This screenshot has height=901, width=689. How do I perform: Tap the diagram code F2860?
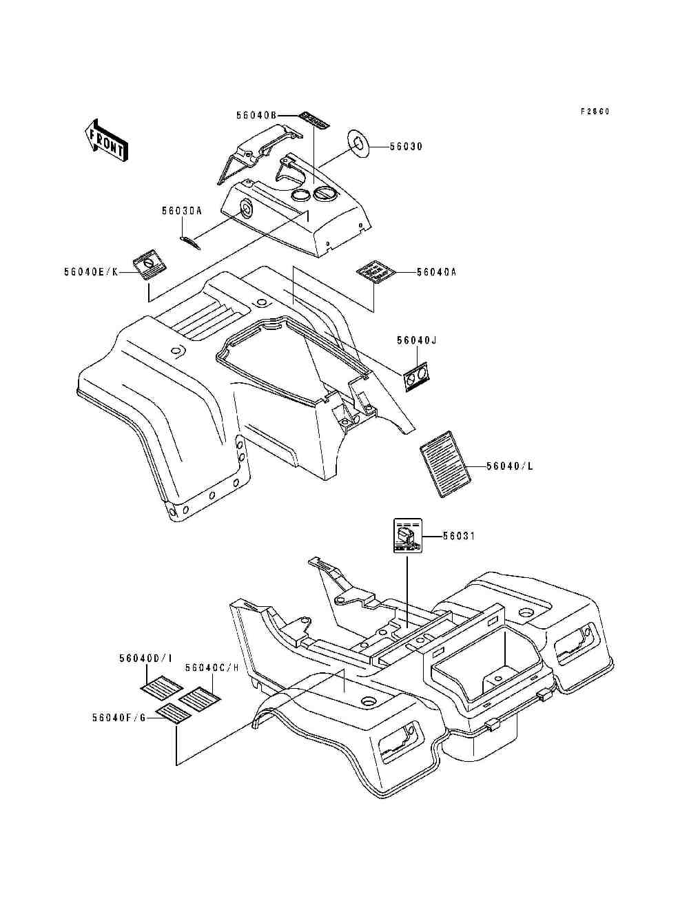click(595, 111)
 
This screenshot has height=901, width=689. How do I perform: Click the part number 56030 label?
click(406, 146)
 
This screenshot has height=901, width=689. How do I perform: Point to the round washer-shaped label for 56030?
click(359, 142)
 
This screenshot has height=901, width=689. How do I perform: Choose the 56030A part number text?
click(182, 211)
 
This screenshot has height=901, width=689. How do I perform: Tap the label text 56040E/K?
click(90, 273)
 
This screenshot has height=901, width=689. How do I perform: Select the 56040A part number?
click(436, 272)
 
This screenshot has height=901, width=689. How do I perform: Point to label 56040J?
click(418, 340)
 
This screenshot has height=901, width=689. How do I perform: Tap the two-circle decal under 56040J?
click(416, 376)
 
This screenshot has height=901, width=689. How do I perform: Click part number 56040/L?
click(511, 466)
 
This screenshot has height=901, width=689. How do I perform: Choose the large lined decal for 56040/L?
click(445, 463)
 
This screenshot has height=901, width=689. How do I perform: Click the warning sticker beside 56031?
click(407, 536)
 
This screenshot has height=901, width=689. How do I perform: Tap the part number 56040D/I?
click(143, 659)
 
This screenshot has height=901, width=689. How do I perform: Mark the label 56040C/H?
click(212, 667)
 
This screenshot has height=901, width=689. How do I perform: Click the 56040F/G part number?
click(119, 717)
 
